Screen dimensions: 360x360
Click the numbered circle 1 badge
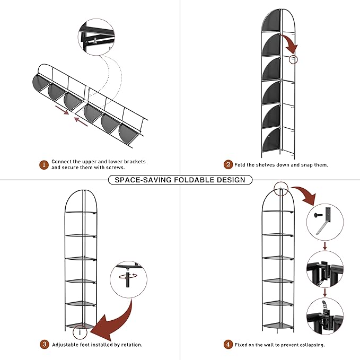point(44,165)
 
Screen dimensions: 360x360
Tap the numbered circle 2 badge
point(228,164)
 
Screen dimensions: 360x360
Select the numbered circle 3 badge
point(45,345)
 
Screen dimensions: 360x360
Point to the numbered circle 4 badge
point(228,345)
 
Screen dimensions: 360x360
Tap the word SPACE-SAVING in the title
point(143,180)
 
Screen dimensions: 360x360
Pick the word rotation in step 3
point(131,345)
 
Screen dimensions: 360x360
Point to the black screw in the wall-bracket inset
point(319,215)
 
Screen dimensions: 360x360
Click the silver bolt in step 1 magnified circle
point(95,40)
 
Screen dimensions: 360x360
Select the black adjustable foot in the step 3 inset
point(127,277)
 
